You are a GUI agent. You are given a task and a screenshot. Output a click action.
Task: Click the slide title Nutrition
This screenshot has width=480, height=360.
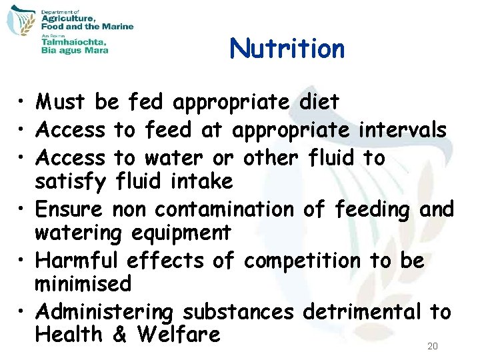[287, 49]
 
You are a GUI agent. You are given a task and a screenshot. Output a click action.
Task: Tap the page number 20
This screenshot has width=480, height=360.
[432, 347]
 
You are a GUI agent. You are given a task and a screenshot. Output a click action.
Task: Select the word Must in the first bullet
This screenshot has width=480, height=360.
[63, 103]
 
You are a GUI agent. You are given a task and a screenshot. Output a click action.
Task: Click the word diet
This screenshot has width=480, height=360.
[317, 103]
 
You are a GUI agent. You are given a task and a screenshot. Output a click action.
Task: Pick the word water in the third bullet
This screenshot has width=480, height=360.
[171, 159]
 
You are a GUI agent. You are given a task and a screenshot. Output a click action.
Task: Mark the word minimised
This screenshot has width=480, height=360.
[83, 283]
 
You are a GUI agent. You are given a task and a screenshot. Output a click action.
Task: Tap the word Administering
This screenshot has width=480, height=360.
[105, 312]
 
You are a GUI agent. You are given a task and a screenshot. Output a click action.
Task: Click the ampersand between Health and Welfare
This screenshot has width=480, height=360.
[120, 334]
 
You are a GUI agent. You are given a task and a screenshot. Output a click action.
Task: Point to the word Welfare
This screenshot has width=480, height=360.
[178, 334]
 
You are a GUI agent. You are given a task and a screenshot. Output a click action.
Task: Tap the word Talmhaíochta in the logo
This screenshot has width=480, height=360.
[73, 40]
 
